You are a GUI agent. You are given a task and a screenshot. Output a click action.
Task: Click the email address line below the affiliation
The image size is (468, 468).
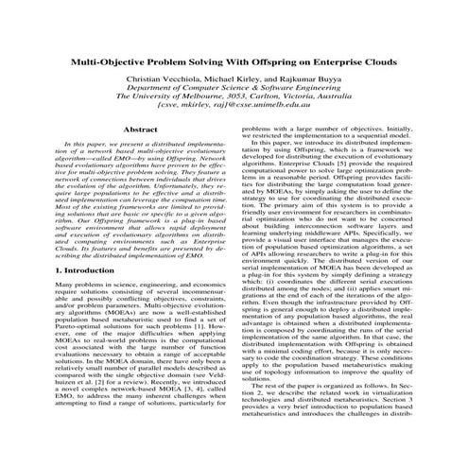point(234,116)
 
